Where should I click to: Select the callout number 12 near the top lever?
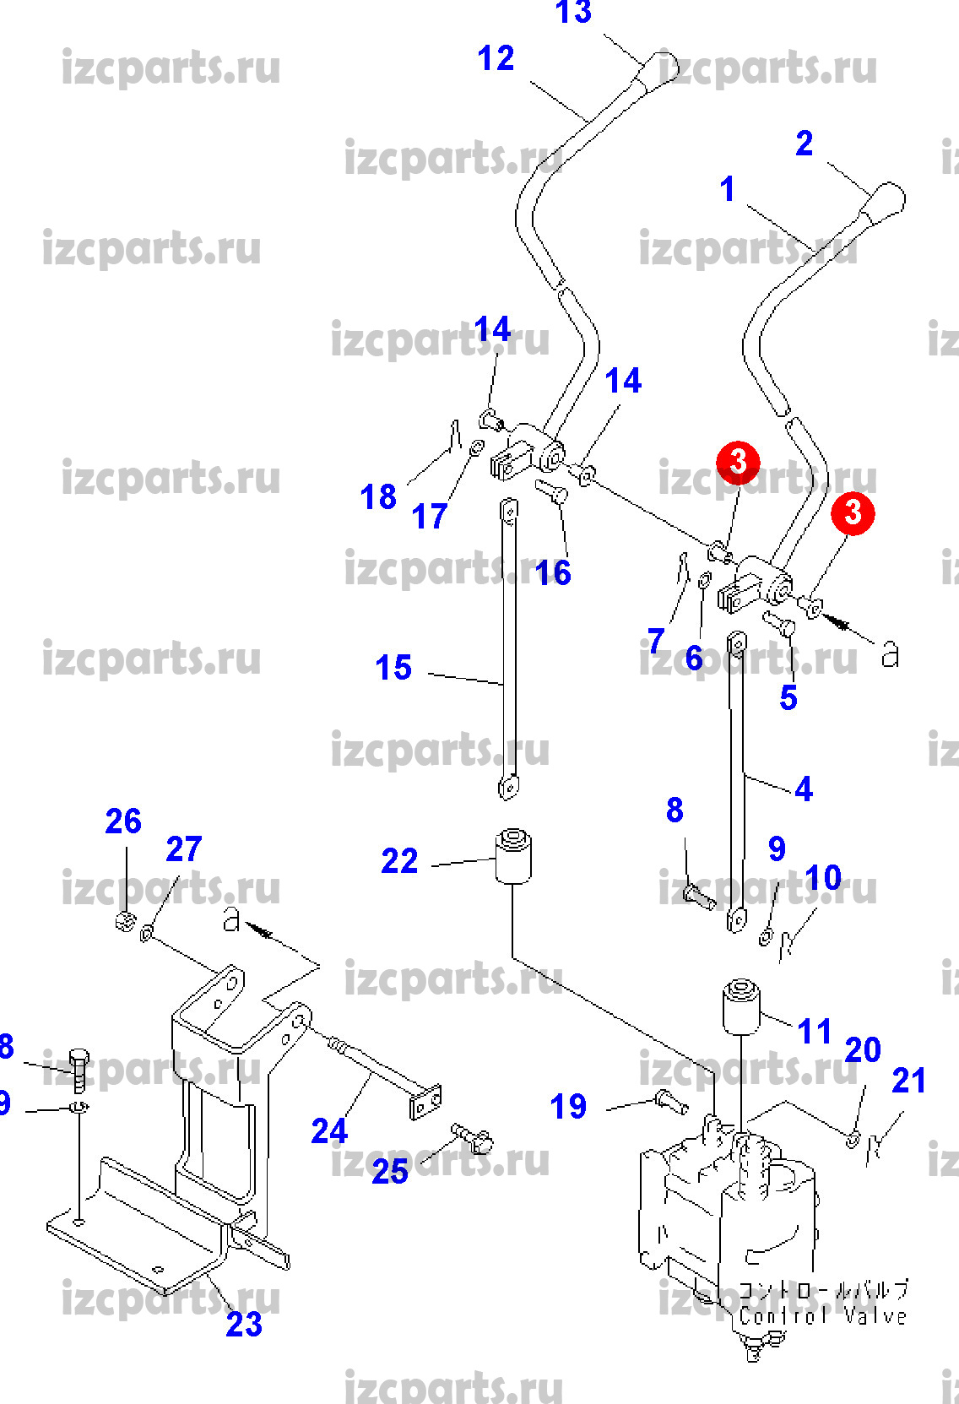point(496,59)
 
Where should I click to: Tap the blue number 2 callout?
point(804,144)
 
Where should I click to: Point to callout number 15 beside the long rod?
point(393,668)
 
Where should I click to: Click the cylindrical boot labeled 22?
point(512,856)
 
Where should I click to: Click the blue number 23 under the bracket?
point(244,1325)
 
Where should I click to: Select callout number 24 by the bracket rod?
point(329,1131)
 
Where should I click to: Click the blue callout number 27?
point(184,849)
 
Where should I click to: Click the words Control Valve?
point(822,1315)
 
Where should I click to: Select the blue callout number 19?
point(568,1106)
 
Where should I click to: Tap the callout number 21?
point(909,1081)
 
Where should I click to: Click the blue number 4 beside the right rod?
point(804,789)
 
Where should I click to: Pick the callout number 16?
point(553,573)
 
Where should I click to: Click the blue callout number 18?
point(378,497)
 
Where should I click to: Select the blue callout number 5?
point(788,698)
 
